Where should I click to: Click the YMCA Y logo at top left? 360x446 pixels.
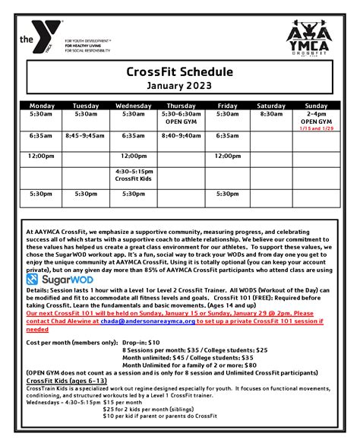(x=38, y=38)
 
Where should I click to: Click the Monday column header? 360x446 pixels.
(x=42, y=106)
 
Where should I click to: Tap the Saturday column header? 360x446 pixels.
(x=271, y=106)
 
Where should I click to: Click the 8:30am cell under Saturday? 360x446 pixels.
(x=271, y=114)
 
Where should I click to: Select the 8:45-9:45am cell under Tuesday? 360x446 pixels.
(x=85, y=135)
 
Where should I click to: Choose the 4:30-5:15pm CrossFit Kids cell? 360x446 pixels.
(x=134, y=176)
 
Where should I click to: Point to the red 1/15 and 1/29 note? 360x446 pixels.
(x=316, y=129)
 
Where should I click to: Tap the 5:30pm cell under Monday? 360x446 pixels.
(x=42, y=194)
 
